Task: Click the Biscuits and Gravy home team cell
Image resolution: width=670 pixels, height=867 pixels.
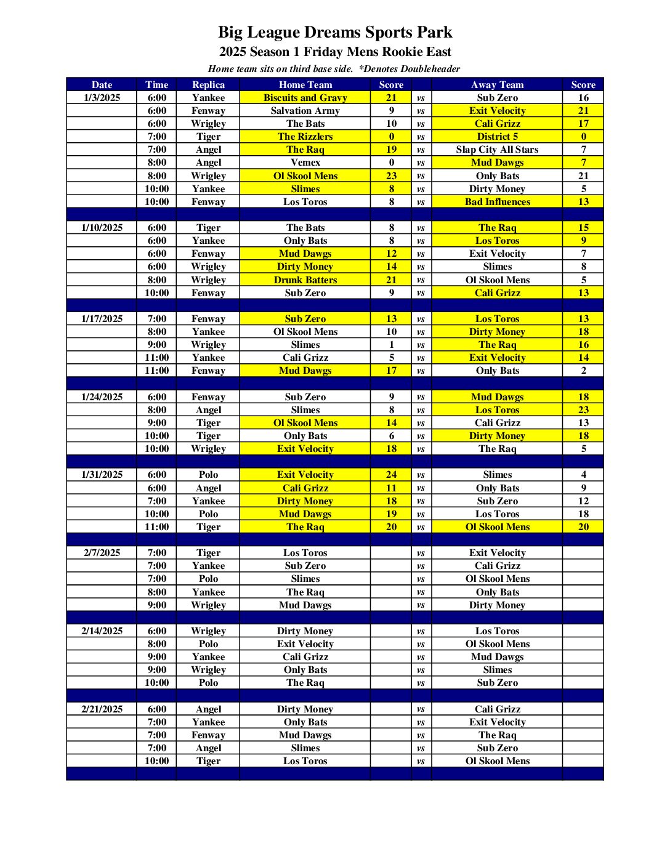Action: point(305,97)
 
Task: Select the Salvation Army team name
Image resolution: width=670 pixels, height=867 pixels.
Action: point(305,111)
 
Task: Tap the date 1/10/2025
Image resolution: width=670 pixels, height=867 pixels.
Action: point(102,228)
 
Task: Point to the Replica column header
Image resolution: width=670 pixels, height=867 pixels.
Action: point(208,85)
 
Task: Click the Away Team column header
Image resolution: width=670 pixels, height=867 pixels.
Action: point(497,85)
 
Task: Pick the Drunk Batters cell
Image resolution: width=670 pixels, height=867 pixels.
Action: point(305,280)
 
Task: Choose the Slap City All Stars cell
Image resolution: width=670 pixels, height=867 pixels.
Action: point(497,150)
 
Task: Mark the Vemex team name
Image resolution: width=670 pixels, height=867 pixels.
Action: point(305,163)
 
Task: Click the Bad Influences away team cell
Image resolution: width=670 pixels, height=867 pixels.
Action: point(497,202)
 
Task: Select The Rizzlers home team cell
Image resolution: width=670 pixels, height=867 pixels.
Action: point(305,137)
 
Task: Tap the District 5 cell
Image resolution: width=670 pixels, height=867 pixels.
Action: point(497,137)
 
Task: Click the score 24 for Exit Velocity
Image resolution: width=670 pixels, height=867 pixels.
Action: point(391,475)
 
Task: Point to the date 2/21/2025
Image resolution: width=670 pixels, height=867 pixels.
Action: point(102,709)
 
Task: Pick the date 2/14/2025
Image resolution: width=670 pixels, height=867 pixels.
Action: point(102,631)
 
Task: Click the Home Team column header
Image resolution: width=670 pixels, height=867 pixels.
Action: point(305,85)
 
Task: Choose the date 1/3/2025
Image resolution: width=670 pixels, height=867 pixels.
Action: point(102,98)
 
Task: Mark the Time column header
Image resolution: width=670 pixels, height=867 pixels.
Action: point(156,85)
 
